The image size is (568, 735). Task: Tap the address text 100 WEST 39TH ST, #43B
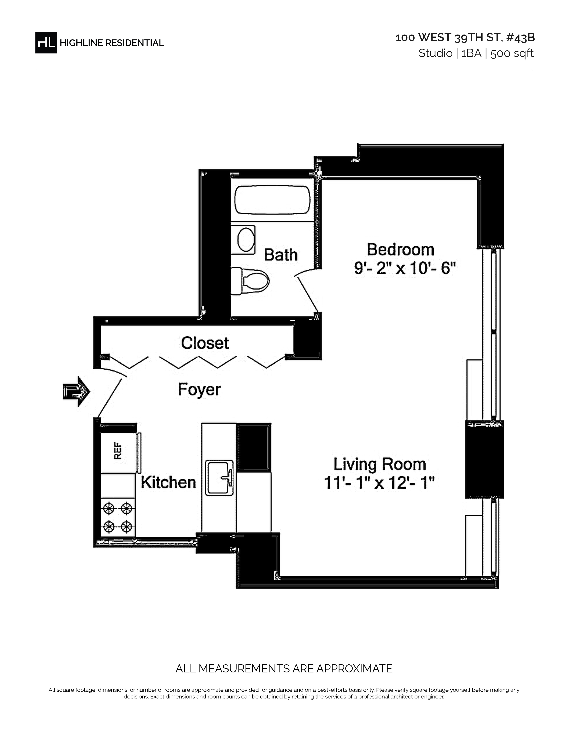tap(465, 38)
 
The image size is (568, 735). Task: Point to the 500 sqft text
tap(512, 53)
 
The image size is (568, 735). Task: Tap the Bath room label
tap(281, 255)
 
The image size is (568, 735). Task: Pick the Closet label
tap(205, 343)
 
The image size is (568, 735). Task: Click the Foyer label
tap(199, 390)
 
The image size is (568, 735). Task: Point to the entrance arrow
tap(76, 391)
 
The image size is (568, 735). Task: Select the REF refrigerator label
tap(118, 451)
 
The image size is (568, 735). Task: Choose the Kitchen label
tap(168, 482)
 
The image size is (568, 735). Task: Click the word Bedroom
tap(400, 250)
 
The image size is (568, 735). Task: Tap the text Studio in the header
tap(435, 53)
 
